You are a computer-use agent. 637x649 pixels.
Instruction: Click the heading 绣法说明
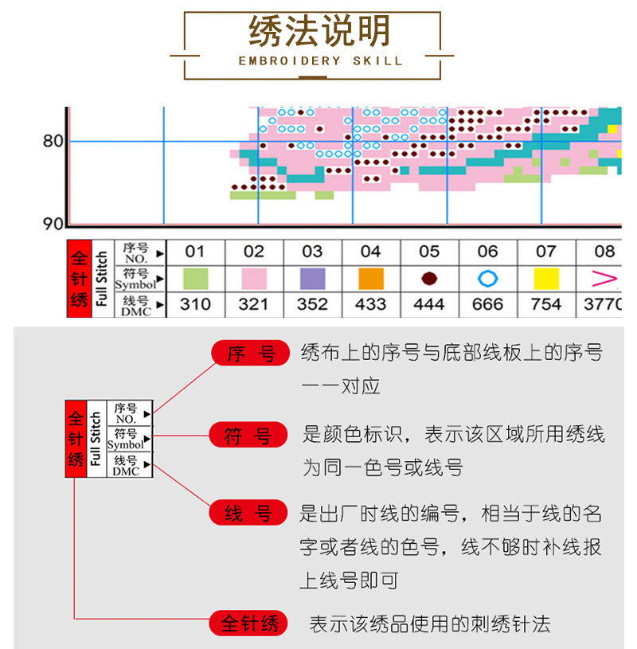pyautogui.click(x=319, y=33)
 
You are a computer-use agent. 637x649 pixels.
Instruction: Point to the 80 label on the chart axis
pyautogui.click(x=53, y=142)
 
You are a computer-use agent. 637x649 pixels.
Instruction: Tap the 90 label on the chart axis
pyautogui.click(x=53, y=224)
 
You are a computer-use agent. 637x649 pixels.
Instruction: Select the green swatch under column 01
pyautogui.click(x=195, y=278)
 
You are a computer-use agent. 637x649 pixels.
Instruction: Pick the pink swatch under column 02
pyautogui.click(x=253, y=278)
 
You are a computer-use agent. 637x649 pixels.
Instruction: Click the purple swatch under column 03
pyautogui.click(x=312, y=278)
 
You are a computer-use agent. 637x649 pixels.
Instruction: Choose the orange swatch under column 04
pyautogui.click(x=371, y=278)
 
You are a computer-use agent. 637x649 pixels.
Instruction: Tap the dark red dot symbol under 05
pyautogui.click(x=429, y=278)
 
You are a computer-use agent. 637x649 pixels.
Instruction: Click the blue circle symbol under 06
pyautogui.click(x=487, y=278)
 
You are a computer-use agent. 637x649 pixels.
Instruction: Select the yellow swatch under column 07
pyautogui.click(x=545, y=278)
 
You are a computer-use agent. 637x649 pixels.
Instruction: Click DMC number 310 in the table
pyautogui.click(x=195, y=304)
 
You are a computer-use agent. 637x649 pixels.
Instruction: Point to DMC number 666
pyautogui.click(x=487, y=304)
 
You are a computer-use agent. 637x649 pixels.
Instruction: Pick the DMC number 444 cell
pyautogui.click(x=429, y=304)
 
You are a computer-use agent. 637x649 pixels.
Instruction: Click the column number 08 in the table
pyautogui.click(x=604, y=252)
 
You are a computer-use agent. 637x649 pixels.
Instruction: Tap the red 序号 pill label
pyautogui.click(x=248, y=354)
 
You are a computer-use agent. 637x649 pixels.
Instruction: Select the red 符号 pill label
pyautogui.click(x=248, y=435)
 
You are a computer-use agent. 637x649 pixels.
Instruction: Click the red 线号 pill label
pyautogui.click(x=248, y=514)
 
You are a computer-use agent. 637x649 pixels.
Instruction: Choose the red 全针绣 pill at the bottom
pyautogui.click(x=248, y=624)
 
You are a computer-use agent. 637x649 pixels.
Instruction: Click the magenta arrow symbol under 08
pyautogui.click(x=605, y=278)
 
